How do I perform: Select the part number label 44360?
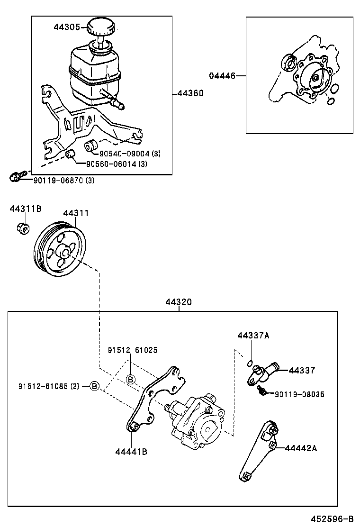coord(190,93)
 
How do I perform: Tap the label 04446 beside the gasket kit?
coord(222,75)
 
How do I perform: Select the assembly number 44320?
coord(179,302)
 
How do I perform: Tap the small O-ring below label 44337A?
coord(250,363)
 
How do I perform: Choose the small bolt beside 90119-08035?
coord(260,390)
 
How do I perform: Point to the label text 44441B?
coord(131,452)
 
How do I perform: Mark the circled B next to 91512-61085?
coord(94,386)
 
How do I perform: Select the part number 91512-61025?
coord(133,350)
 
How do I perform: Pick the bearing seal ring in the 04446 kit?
coord(288,62)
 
